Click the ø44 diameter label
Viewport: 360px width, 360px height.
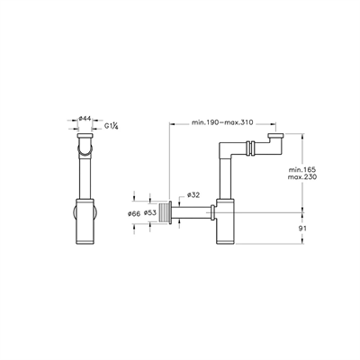(85, 119)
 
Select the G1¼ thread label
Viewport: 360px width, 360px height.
(112, 126)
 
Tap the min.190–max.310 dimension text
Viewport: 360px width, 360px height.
(222, 122)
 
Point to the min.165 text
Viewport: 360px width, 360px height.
(302, 169)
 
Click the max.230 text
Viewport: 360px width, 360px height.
(302, 177)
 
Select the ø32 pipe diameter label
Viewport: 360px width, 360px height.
(193, 195)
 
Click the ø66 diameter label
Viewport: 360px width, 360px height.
(134, 213)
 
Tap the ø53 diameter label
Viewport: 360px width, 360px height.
(150, 213)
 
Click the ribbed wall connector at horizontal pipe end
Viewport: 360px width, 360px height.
(163, 213)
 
